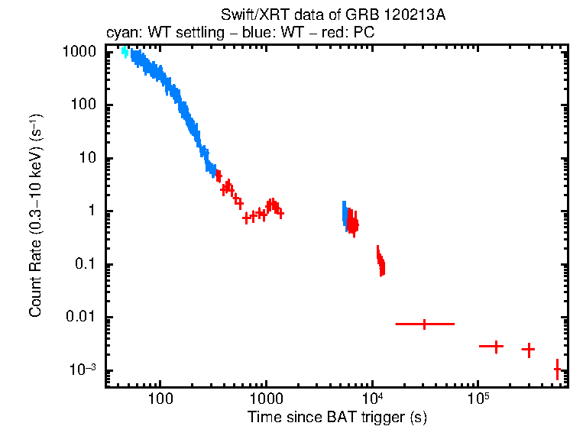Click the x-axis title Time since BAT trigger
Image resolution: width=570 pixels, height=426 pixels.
337,417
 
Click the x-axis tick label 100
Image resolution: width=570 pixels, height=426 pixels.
160,399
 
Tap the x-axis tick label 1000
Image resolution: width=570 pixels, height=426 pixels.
267,399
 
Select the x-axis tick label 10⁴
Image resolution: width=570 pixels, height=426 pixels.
372,399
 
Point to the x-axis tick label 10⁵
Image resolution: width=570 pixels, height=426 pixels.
478,399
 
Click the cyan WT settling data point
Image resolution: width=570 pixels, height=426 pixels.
125,52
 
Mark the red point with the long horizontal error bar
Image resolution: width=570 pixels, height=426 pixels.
425,324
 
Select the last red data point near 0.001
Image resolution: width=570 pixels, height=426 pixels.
557,370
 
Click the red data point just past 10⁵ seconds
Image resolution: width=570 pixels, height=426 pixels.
495,347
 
